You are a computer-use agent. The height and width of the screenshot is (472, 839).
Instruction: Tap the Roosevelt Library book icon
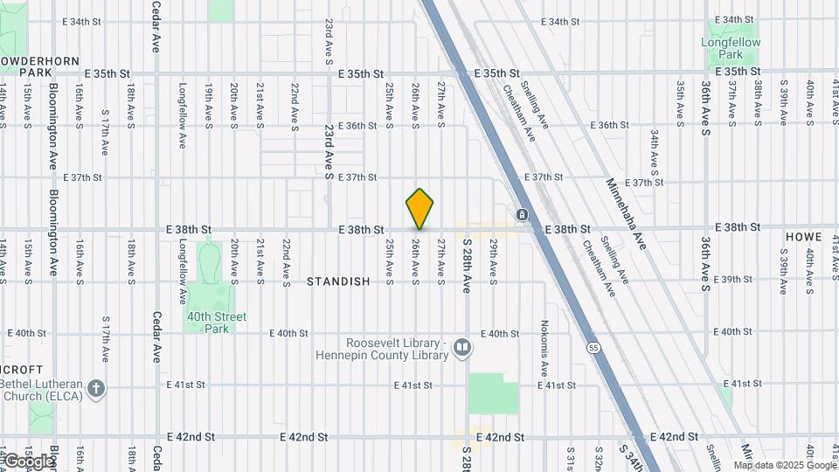pos(462,349)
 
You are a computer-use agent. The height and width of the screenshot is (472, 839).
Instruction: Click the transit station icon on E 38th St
pos(522,214)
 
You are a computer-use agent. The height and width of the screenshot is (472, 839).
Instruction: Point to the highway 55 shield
pos(593,348)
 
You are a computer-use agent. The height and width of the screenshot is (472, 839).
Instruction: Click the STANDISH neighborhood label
pos(338,281)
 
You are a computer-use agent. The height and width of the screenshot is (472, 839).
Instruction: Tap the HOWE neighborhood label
pos(803,237)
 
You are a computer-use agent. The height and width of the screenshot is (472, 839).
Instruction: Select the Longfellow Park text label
pos(731,47)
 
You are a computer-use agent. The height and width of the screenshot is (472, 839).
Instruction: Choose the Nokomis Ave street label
pos(543,348)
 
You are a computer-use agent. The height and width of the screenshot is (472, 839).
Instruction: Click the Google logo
pos(28,461)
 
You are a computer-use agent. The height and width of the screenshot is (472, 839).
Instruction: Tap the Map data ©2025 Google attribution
pos(784,463)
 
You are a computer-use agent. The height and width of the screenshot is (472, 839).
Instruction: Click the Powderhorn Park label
pos(39,66)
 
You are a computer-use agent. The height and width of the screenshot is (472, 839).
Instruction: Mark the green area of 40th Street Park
pos(210,271)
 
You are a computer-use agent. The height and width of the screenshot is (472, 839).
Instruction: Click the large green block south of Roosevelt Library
pos(493,393)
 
